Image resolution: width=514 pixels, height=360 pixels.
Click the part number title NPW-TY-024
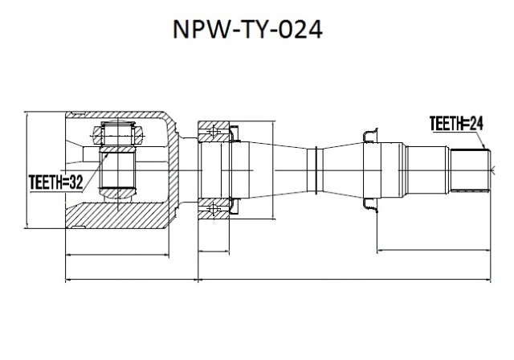(247, 29)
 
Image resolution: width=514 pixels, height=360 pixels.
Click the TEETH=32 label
(55, 182)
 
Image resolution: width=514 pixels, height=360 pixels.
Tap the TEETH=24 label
(456, 123)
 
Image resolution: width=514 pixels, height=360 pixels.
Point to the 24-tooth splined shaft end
(470, 170)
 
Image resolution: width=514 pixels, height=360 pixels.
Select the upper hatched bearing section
(214, 132)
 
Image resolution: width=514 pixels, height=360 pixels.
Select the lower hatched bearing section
(214, 208)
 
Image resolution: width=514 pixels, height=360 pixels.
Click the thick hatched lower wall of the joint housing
(117, 215)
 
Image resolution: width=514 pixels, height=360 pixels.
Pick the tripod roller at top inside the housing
(118, 133)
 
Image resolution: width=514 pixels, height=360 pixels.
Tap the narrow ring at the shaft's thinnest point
(316, 170)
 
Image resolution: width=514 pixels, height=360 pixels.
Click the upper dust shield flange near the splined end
(370, 136)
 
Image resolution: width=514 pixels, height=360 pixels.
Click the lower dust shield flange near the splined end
(370, 205)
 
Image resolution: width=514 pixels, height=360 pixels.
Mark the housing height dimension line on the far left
(27, 170)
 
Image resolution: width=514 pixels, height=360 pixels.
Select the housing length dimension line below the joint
(117, 255)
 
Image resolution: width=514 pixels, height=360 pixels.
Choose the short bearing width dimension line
(214, 252)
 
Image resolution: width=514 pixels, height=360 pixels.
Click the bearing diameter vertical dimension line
(273, 170)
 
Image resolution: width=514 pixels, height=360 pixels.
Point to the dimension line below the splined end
(434, 251)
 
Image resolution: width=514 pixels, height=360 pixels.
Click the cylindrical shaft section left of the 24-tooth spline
(427, 170)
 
